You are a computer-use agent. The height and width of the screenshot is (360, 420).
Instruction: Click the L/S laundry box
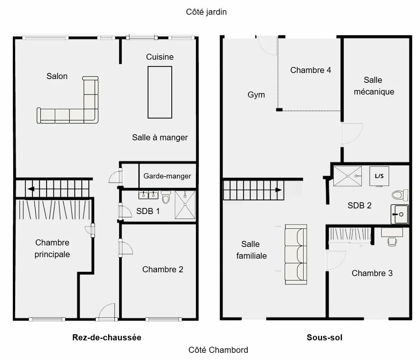click(x=379, y=176)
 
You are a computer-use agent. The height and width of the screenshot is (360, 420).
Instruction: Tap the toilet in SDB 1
click(x=166, y=197)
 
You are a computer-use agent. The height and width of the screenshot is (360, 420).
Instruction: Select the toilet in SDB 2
click(x=400, y=195)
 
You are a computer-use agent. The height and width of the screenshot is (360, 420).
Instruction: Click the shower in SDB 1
click(x=185, y=205)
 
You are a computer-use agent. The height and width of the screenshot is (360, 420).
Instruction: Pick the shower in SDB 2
click(x=347, y=176)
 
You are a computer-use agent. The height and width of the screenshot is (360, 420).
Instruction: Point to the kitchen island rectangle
click(x=160, y=92)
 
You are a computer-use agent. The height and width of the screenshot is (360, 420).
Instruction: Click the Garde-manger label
click(x=167, y=176)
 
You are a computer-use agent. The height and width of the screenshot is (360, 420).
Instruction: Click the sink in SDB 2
click(x=400, y=214)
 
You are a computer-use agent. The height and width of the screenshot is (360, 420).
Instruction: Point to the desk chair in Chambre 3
click(x=392, y=242)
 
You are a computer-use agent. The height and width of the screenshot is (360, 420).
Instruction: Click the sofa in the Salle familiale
click(x=296, y=254)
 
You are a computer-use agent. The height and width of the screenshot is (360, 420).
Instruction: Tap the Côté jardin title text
click(x=206, y=12)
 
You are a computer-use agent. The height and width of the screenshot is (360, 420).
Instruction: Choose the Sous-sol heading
click(x=324, y=337)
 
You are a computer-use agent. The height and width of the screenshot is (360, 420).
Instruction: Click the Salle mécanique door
click(x=352, y=134)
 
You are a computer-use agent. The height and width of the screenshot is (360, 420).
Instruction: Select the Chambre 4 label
click(x=311, y=70)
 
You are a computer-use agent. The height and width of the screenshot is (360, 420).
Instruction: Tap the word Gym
click(x=256, y=95)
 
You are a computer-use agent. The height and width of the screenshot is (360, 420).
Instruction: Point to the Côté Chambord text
click(x=218, y=350)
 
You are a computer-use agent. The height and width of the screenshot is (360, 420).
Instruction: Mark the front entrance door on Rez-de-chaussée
click(x=107, y=312)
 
